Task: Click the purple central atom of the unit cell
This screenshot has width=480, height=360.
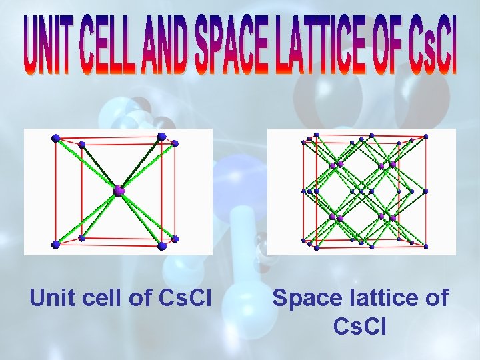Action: [119, 191]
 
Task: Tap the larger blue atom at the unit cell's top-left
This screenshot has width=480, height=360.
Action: [56, 138]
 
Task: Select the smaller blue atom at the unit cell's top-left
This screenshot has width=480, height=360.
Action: [81, 145]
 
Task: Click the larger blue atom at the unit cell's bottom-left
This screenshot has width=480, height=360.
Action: [56, 245]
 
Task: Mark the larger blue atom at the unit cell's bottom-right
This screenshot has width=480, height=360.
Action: [162, 246]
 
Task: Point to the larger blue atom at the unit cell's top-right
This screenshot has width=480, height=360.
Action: [161, 137]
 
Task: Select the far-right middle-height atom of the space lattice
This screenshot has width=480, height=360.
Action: [425, 191]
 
